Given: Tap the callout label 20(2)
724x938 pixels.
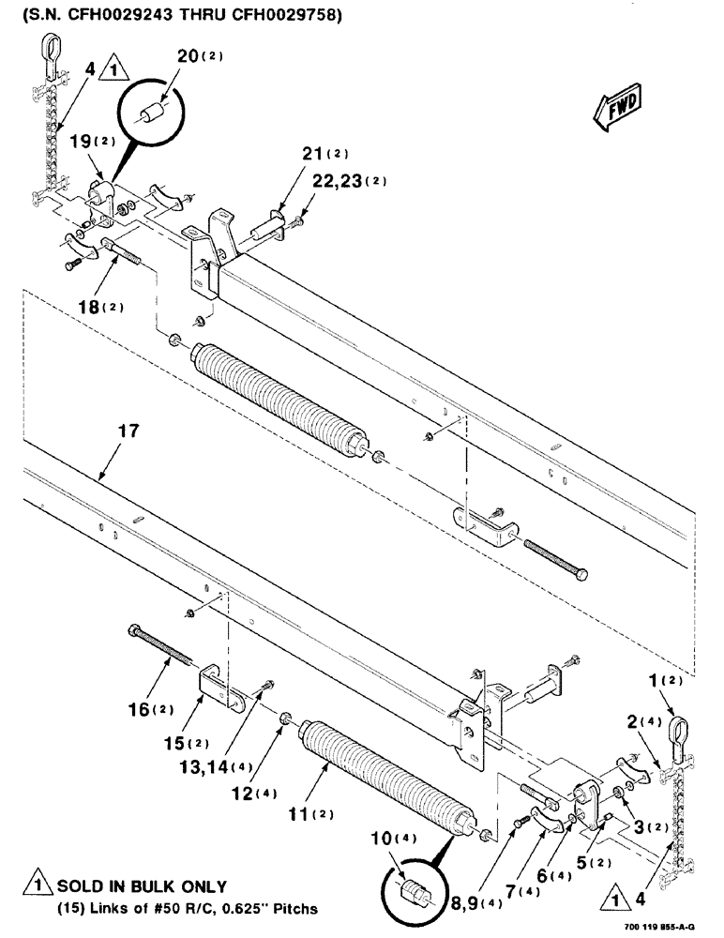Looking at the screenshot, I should point(200,56).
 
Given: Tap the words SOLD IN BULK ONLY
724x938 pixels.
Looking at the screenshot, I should point(143,886).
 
